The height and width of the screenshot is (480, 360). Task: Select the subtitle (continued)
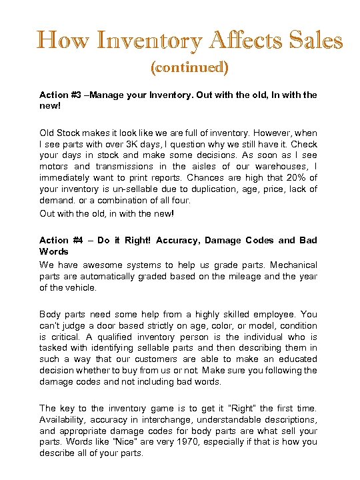190,67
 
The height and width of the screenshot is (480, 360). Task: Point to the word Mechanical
292,265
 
